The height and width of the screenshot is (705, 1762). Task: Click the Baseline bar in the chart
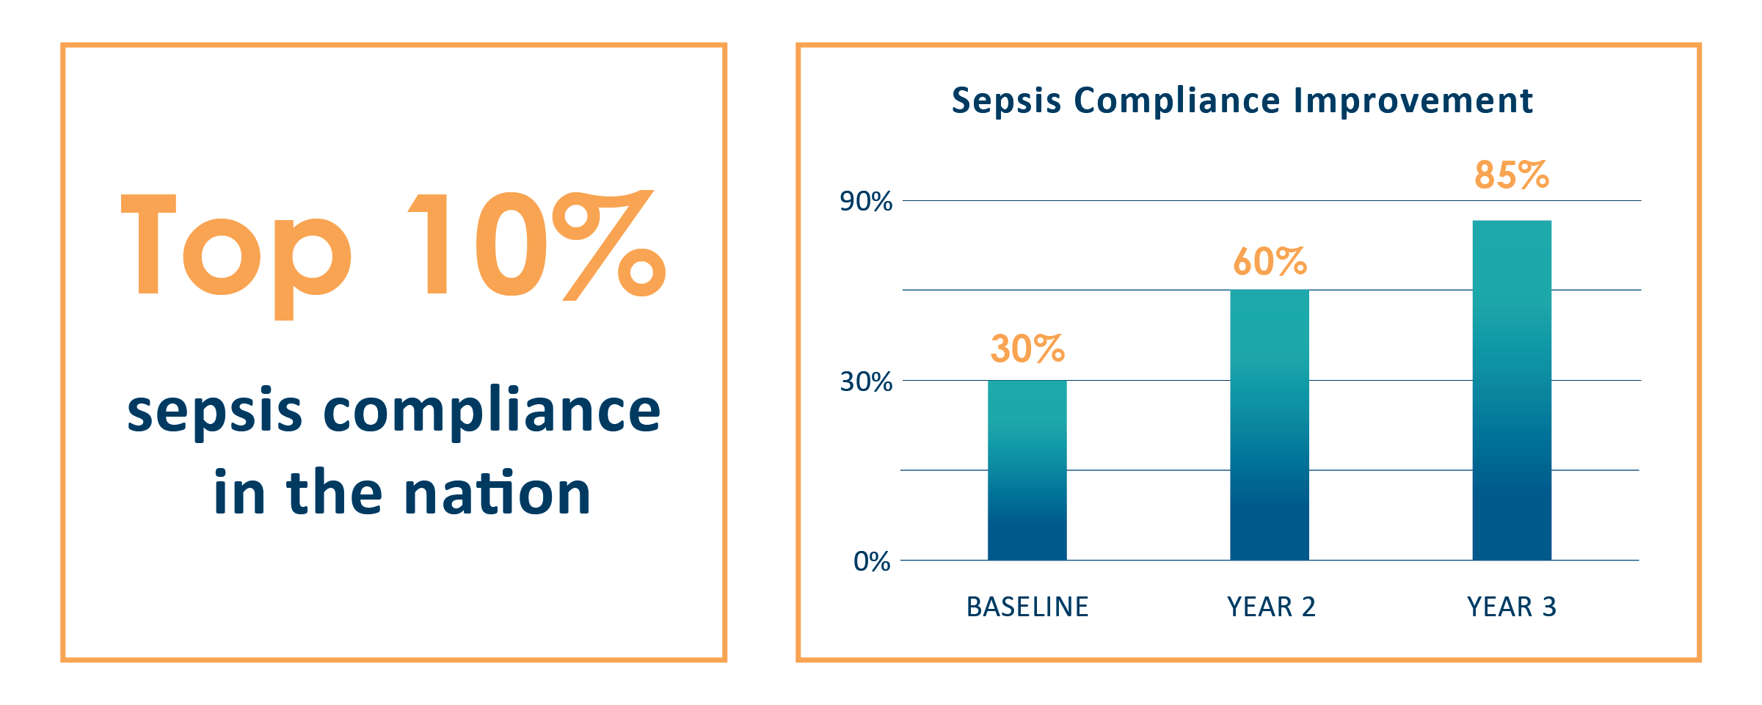pyautogui.click(x=1027, y=470)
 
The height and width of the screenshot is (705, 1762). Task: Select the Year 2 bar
pyautogui.click(x=1269, y=425)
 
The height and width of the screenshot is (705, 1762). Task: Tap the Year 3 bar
pyautogui.click(x=1512, y=390)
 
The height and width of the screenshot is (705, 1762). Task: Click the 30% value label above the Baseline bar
pyautogui.click(x=1027, y=348)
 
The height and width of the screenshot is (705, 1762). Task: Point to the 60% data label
pyautogui.click(x=1270, y=262)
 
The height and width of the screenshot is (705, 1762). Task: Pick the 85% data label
pyautogui.click(x=1512, y=175)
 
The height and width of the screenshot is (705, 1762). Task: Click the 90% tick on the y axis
pyautogui.click(x=866, y=201)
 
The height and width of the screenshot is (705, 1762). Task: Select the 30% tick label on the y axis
pyautogui.click(x=866, y=381)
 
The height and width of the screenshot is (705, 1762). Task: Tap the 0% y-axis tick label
pyautogui.click(x=872, y=562)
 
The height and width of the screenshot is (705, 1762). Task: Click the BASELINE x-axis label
pyautogui.click(x=1027, y=607)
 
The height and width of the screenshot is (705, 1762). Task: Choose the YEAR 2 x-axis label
pyautogui.click(x=1271, y=607)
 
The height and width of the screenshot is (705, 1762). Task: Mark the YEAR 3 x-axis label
pyautogui.click(x=1512, y=607)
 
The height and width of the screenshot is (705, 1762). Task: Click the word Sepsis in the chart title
pyautogui.click(x=1006, y=101)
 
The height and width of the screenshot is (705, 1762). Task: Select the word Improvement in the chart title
pyautogui.click(x=1413, y=101)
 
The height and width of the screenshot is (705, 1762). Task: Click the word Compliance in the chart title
pyautogui.click(x=1177, y=101)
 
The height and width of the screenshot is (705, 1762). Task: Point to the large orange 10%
pyautogui.click(x=536, y=246)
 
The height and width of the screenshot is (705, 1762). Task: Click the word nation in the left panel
pyautogui.click(x=497, y=493)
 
